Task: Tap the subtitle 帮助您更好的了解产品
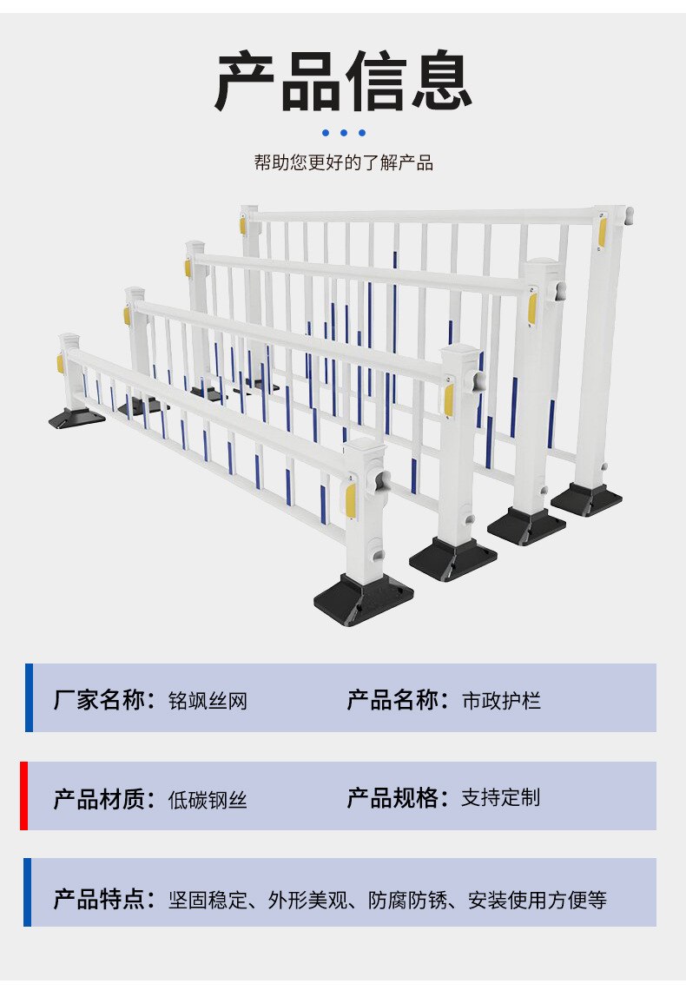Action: tap(343, 163)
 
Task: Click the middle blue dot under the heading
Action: tap(344, 133)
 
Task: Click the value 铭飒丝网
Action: tap(208, 701)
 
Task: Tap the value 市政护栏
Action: tap(501, 701)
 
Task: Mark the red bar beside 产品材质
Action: tap(24, 796)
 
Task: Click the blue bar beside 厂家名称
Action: tap(29, 697)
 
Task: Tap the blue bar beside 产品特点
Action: tap(28, 892)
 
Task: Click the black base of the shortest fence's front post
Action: tap(363, 598)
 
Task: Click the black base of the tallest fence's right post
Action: tap(587, 498)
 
